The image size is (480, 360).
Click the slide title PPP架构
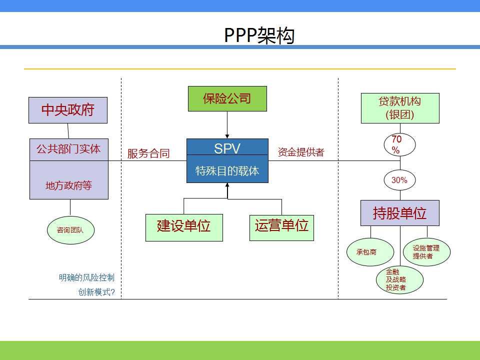259,35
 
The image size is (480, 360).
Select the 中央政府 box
68,110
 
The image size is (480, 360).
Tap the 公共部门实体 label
68,149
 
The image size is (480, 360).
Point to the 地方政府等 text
68,185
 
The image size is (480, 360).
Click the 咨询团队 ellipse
70,230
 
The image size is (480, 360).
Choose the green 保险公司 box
227,98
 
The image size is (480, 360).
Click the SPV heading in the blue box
227,149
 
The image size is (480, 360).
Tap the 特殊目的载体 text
227,171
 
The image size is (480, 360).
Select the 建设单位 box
184,227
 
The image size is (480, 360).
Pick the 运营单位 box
281,228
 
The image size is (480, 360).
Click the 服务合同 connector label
148,153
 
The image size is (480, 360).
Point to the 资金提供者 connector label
301,152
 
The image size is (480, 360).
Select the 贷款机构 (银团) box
400,108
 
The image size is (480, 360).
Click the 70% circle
400,144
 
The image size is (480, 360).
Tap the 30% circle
400,180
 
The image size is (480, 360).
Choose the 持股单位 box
400,213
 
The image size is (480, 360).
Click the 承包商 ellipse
370,252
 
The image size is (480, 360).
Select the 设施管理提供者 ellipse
426,252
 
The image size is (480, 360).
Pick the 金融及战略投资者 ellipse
400,280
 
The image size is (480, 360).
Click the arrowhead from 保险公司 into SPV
227,136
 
